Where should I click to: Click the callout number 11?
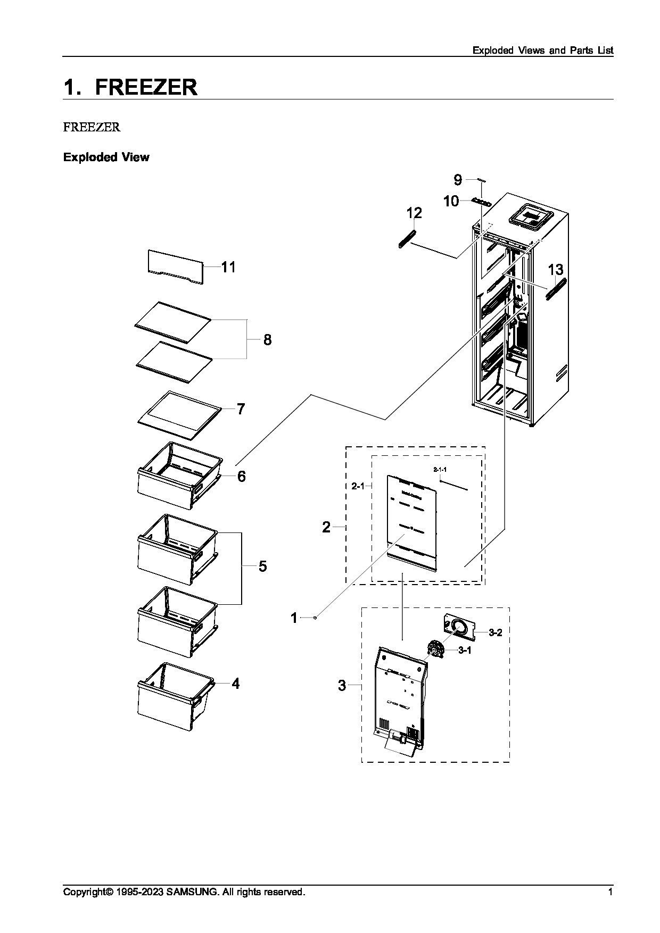tap(228, 266)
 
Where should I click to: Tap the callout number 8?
tap(267, 339)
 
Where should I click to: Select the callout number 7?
tap(241, 409)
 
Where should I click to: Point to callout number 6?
tap(241, 476)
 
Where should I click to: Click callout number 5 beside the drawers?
tap(262, 566)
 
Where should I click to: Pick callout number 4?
tap(235, 684)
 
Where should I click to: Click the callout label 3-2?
tap(495, 632)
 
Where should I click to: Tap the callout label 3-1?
tap(465, 651)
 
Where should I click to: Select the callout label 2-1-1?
tap(440, 470)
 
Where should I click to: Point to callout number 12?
tap(414, 213)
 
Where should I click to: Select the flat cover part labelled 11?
tap(175, 266)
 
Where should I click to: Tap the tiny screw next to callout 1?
tap(316, 618)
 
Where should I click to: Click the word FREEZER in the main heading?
tap(146, 87)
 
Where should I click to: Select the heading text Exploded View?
tap(106, 157)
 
